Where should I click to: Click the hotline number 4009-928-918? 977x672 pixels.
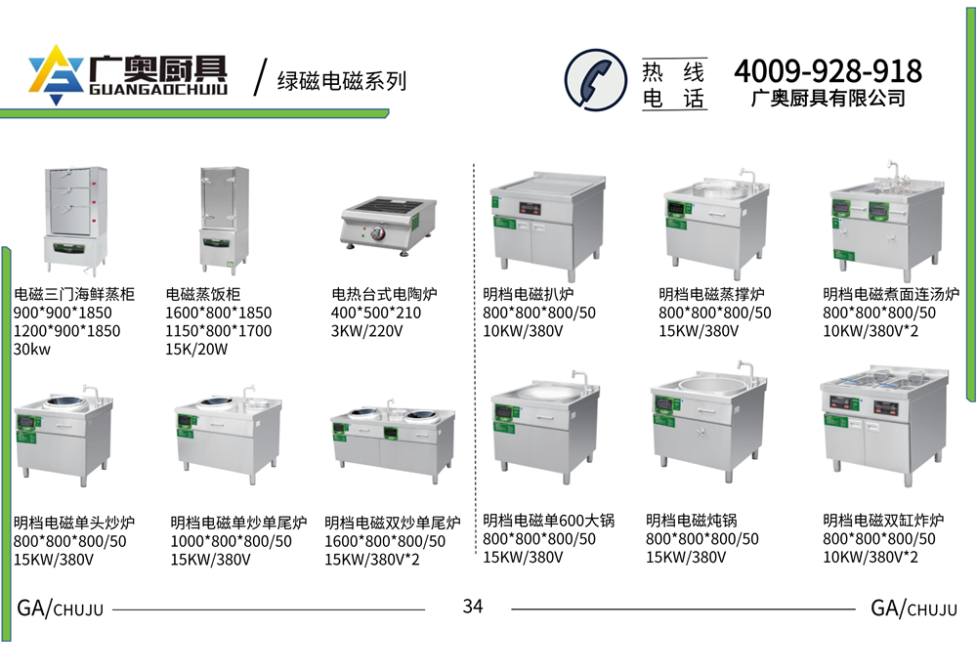click(828, 71)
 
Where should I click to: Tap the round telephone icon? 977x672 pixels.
click(596, 80)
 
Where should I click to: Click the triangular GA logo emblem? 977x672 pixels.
click(56, 74)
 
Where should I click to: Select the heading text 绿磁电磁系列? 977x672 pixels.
click(341, 81)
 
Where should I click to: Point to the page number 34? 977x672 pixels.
click(473, 606)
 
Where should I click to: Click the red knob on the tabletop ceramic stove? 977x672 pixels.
click(378, 234)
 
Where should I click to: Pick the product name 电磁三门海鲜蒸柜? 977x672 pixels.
click(74, 294)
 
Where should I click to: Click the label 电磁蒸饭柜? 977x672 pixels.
click(203, 294)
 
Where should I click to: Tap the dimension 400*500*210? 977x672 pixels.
click(376, 313)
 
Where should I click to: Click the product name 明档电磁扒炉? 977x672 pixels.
click(529, 294)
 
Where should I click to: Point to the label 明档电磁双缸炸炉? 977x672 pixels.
click(883, 520)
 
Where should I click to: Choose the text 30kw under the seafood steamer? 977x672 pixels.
click(32, 350)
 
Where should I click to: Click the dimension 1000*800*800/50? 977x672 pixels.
click(232, 541)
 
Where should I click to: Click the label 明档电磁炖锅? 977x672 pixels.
click(692, 520)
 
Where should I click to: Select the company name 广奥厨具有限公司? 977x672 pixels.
click(828, 99)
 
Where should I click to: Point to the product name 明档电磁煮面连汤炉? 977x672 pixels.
click(891, 294)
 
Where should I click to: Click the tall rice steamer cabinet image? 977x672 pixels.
click(225, 220)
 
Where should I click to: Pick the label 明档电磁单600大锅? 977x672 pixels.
click(549, 520)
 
